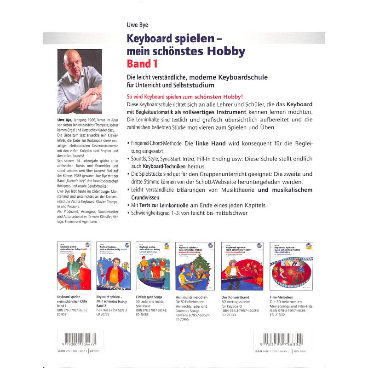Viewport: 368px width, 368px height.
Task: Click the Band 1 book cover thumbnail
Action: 73,265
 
